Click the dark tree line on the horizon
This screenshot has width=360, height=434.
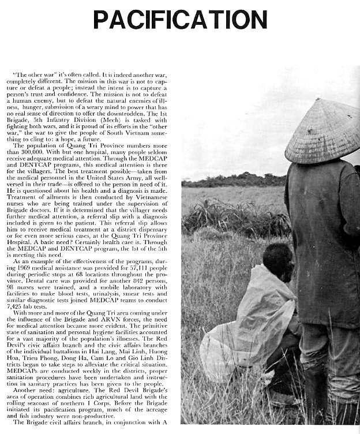pos(231,180)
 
